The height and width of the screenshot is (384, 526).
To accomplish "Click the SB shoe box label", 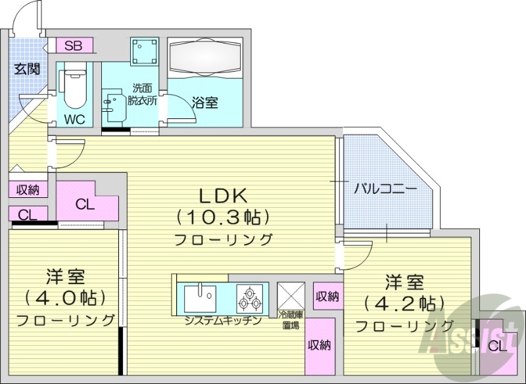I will click(74, 46).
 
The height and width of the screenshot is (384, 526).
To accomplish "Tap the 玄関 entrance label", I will click(26, 69).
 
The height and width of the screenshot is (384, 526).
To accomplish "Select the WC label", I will click(74, 120).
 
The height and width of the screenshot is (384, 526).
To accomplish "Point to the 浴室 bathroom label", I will click(204, 103).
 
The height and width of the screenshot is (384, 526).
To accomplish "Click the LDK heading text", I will click(223, 195).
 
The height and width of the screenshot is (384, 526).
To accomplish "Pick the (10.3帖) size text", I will click(223, 216).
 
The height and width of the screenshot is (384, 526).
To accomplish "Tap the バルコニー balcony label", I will click(385, 189).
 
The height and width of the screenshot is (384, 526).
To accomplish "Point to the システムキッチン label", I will click(223, 321).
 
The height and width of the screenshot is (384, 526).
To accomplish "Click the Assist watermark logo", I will click(454, 335).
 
